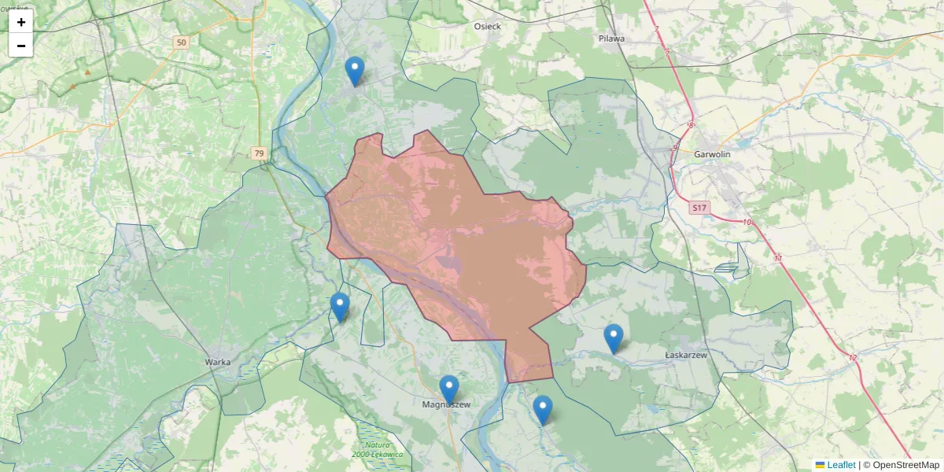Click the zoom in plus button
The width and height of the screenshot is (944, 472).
coord(21,22)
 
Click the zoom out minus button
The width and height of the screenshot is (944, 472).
coord(21,46)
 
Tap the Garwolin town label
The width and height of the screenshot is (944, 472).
coord(712,154)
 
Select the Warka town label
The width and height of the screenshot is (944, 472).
coord(217,362)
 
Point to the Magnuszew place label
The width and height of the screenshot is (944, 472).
coord(446,405)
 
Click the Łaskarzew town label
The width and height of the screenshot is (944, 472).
coord(686,356)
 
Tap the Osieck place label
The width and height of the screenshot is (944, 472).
coord(487,26)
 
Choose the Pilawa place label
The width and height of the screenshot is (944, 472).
coord(610,38)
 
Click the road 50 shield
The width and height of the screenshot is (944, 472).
coord(182,42)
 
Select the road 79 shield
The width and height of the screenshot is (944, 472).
coord(260,153)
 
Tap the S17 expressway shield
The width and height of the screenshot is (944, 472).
coord(699,208)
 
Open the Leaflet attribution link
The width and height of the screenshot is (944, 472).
coord(840,465)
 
